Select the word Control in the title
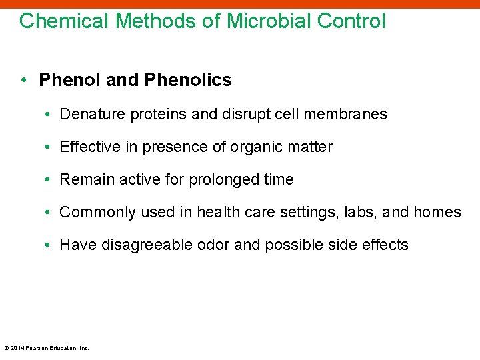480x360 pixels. [x=351, y=21]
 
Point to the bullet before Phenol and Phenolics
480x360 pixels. [x=24, y=80]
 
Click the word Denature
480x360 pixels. [x=89, y=114]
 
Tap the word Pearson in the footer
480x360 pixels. [x=37, y=348]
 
